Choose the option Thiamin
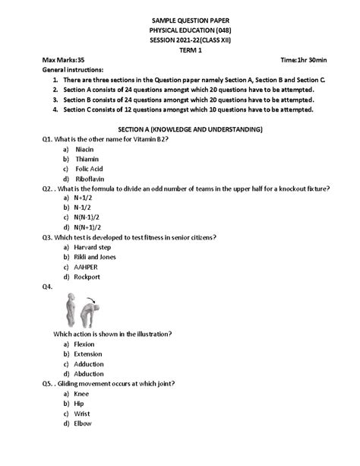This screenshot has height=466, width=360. click(87, 159)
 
